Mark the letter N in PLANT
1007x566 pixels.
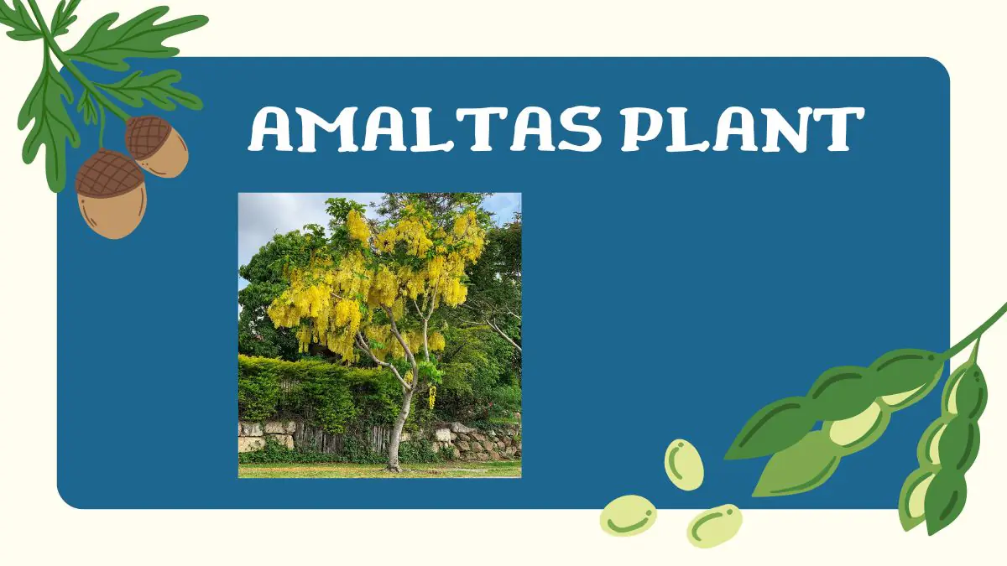tap(790, 129)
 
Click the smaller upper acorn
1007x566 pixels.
tap(158, 146)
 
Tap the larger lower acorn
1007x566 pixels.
tap(110, 195)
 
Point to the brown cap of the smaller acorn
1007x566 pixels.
tap(149, 134)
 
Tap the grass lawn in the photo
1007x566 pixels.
tap(336, 470)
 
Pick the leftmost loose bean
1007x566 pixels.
tap(628, 515)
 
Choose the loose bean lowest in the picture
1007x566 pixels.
tap(714, 525)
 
